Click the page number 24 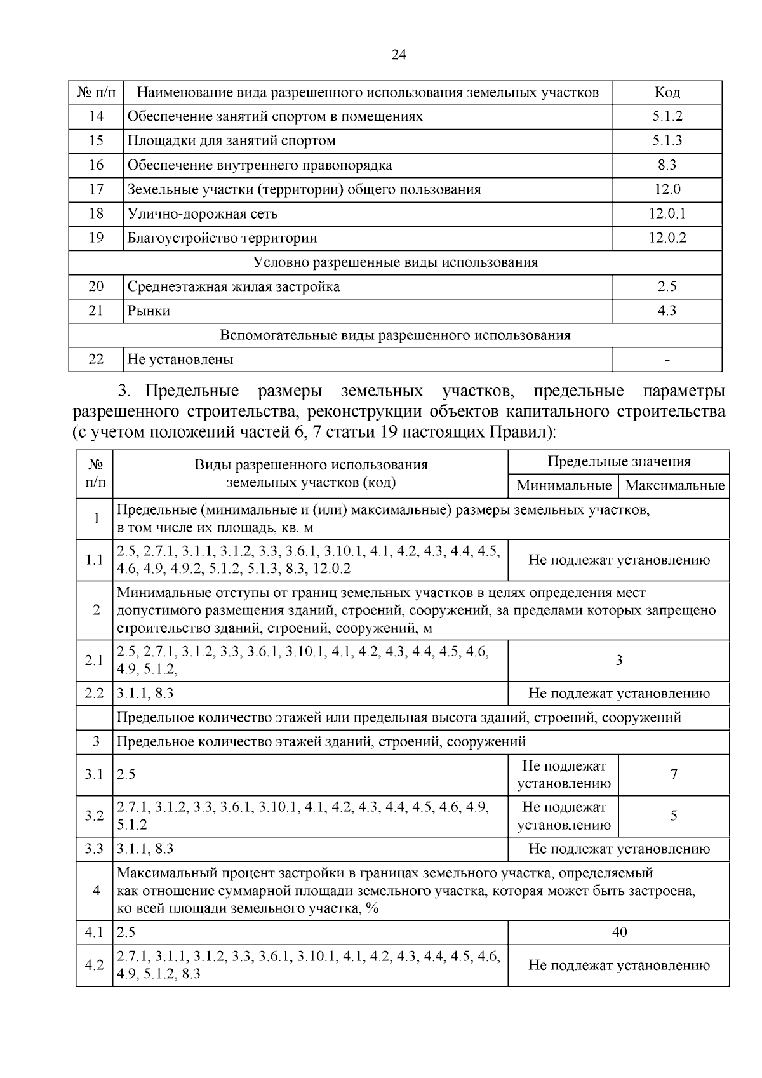tap(398, 55)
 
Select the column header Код tap(667, 93)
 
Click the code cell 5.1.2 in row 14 tap(667, 117)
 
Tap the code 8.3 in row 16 tap(667, 165)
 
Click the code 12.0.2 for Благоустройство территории tap(667, 238)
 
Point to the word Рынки tap(149, 311)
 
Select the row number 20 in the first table tap(96, 286)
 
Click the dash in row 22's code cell tap(667, 360)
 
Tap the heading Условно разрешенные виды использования tap(395, 262)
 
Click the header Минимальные tap(563, 486)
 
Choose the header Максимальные tap(674, 486)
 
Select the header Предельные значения tap(618, 462)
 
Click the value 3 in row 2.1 tap(618, 661)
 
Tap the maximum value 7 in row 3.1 tap(674, 774)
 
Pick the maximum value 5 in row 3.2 tap(674, 816)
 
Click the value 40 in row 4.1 tap(618, 932)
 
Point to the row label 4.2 tap(94, 965)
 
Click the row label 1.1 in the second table tap(94, 560)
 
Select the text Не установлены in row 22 tap(180, 360)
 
